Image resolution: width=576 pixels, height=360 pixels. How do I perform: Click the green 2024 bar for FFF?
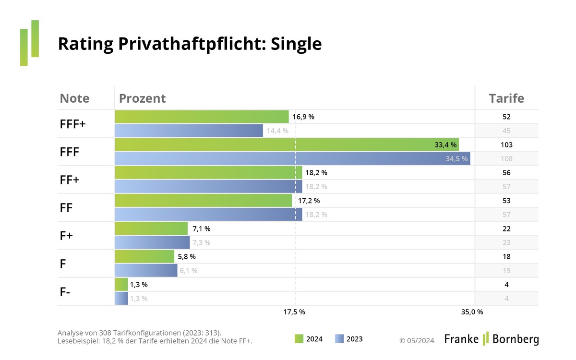[x=287, y=144]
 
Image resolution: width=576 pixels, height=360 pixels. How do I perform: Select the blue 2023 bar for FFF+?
[x=189, y=131]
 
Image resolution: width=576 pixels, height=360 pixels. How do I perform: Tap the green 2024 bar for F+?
[x=151, y=228]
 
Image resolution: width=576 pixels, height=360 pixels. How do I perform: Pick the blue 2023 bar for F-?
[x=121, y=299]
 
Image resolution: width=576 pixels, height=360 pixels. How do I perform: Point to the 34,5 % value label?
[x=456, y=159]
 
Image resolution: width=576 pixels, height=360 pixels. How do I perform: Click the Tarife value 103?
[x=506, y=144]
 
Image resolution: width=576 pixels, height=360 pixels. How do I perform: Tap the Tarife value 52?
[x=506, y=117]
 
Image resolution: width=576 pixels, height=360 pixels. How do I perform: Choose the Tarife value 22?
[x=506, y=228]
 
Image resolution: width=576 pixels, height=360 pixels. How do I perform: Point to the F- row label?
[x=66, y=292]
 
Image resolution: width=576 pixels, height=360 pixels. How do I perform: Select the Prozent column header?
[x=142, y=98]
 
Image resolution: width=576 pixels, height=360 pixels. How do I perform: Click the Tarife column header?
[x=506, y=98]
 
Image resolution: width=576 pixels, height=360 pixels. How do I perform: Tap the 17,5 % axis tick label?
[x=294, y=312]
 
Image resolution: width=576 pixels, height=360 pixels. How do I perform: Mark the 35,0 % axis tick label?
[x=472, y=312]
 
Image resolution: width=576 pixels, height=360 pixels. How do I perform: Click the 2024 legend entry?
[x=309, y=339]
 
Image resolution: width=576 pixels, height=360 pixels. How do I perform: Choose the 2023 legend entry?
[x=349, y=339]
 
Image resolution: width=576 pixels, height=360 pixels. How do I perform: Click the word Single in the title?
[x=296, y=44]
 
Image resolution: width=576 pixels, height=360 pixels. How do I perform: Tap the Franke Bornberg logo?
[x=491, y=339]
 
